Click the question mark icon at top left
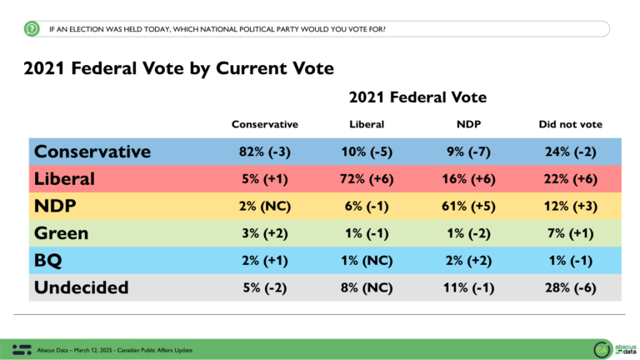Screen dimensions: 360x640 32,29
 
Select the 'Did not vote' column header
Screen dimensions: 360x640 570,124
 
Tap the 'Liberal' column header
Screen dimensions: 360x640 367,124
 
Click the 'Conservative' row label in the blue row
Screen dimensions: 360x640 92,152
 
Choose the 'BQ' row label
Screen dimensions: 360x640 48,261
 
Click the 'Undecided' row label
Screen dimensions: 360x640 82,287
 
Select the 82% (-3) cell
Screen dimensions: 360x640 264,152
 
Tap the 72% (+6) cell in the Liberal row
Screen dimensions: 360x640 367,179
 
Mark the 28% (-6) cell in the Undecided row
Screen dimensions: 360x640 570,287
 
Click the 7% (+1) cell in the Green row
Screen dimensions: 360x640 570,233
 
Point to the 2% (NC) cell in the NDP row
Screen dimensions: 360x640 264,207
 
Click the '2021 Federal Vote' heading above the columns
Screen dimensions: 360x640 417,97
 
